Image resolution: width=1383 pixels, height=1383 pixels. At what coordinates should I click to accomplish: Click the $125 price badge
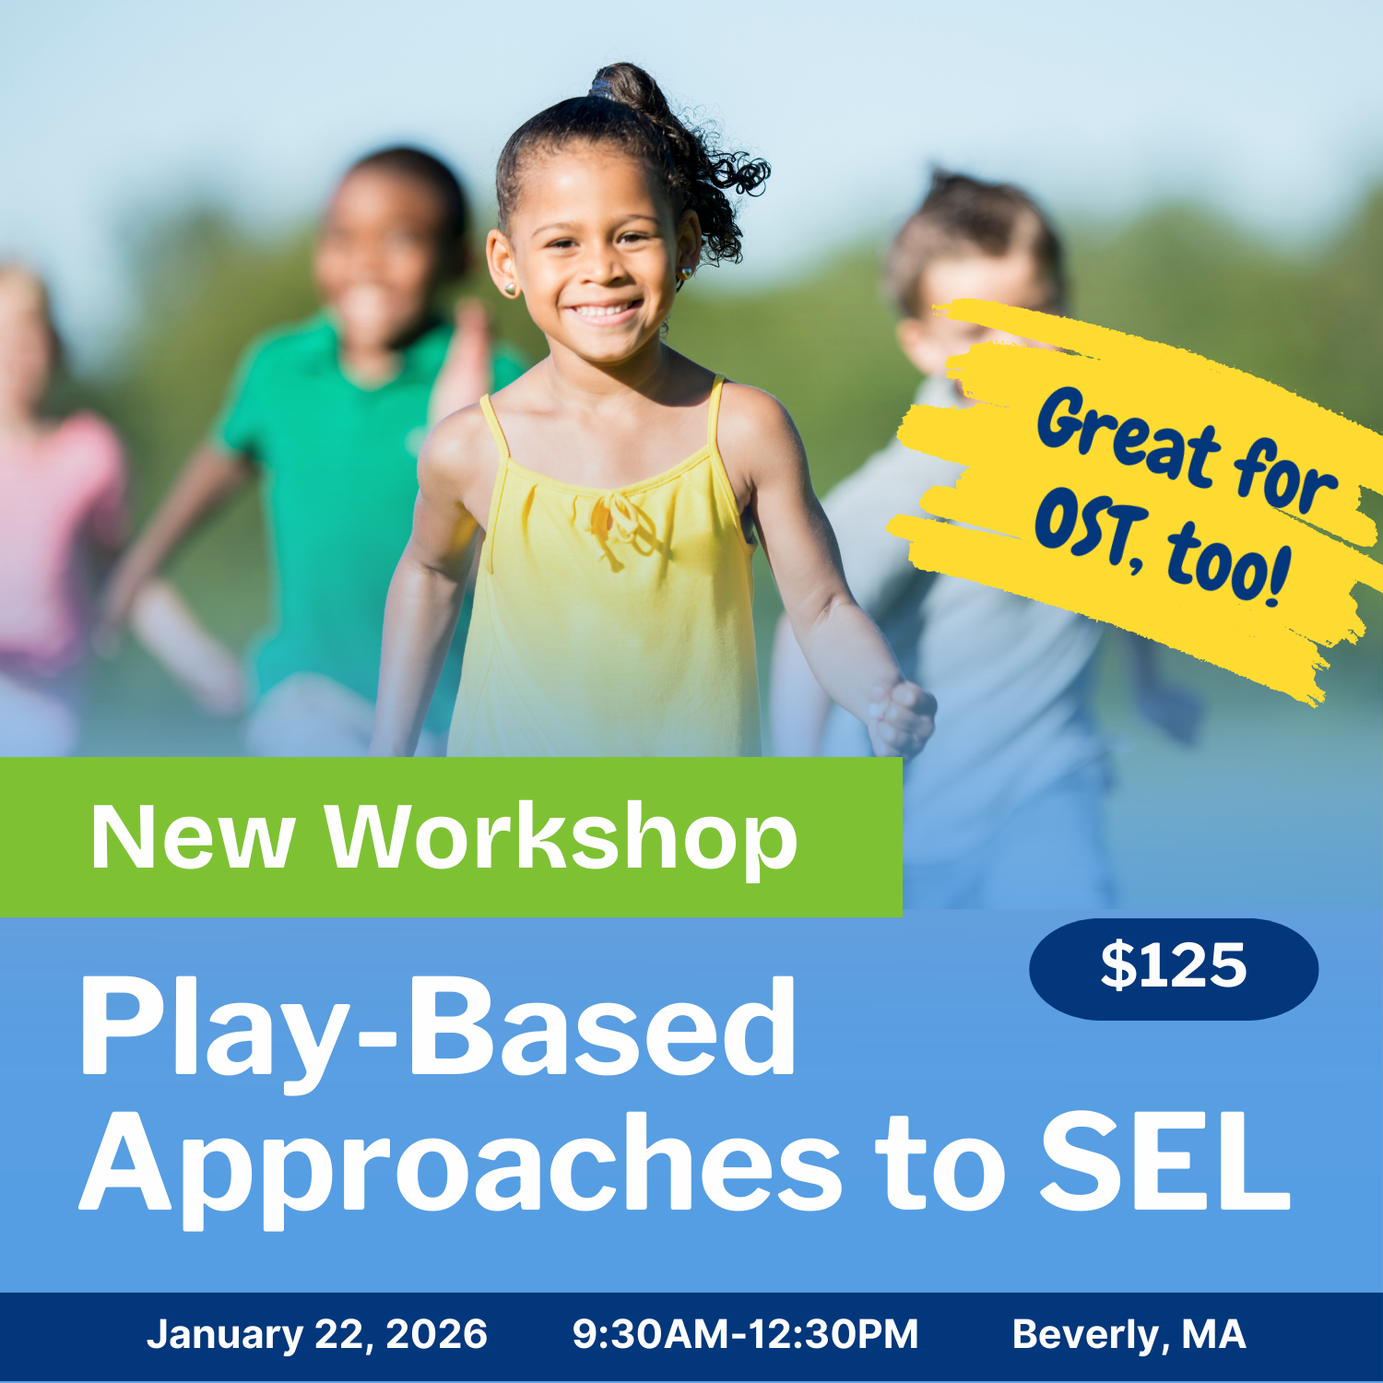tap(1173, 968)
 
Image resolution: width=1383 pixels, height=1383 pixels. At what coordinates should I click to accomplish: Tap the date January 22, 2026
tap(316, 1334)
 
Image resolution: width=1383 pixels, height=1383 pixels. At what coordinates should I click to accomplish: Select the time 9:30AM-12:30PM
tap(745, 1334)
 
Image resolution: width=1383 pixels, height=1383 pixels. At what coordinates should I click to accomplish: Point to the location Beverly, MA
tap(1129, 1334)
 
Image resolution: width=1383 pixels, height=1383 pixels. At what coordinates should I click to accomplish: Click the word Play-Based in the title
tap(438, 1028)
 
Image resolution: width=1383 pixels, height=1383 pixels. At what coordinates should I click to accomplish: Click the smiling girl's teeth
tap(604, 312)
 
